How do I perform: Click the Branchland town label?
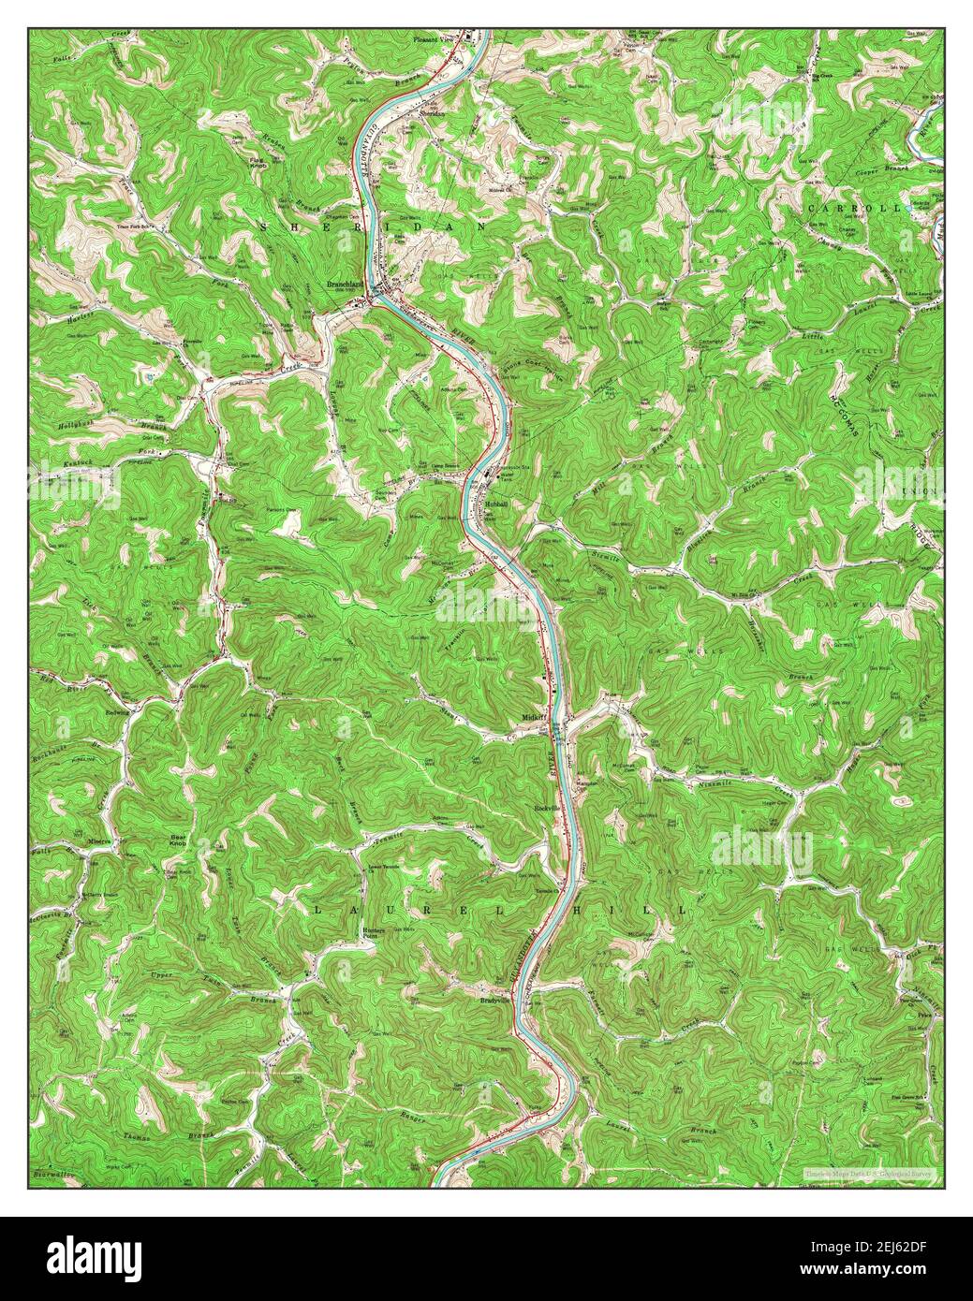click(x=346, y=284)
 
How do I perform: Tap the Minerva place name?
click(x=100, y=841)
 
